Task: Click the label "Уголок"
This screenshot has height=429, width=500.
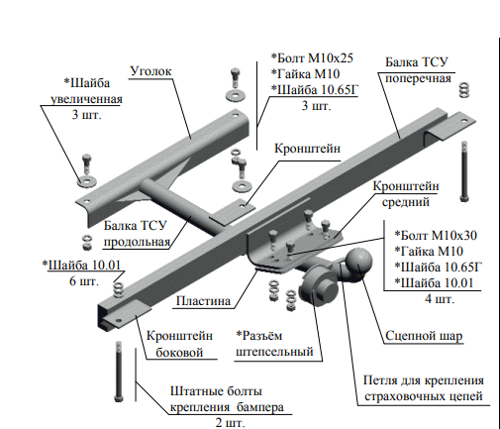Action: coord(150,71)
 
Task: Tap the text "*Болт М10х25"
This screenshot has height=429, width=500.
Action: coord(312,58)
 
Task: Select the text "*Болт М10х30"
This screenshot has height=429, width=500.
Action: coord(436,236)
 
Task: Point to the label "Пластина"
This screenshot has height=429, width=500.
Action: coord(203,301)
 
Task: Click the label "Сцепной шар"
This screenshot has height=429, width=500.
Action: coord(424,336)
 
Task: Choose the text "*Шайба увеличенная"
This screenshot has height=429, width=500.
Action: coord(86,91)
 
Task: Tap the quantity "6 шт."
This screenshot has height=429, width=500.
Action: coord(84,281)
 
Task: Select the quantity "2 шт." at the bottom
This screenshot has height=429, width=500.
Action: coord(231,422)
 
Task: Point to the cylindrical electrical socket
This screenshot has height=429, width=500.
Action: coord(319,286)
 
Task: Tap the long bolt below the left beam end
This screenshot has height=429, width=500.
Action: coord(119,371)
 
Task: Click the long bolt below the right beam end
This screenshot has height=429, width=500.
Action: coord(464,171)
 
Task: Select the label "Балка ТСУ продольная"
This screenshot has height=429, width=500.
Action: coord(136,234)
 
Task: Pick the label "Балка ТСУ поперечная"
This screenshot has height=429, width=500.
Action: coord(418,70)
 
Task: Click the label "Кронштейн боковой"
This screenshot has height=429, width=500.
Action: coord(179,344)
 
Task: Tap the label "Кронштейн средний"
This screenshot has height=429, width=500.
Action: coord(406,194)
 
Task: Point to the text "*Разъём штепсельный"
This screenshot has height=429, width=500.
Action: coord(274,344)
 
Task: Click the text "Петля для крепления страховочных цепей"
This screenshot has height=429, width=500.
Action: coord(424,388)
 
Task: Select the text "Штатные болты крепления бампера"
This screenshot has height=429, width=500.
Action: coord(227,399)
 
